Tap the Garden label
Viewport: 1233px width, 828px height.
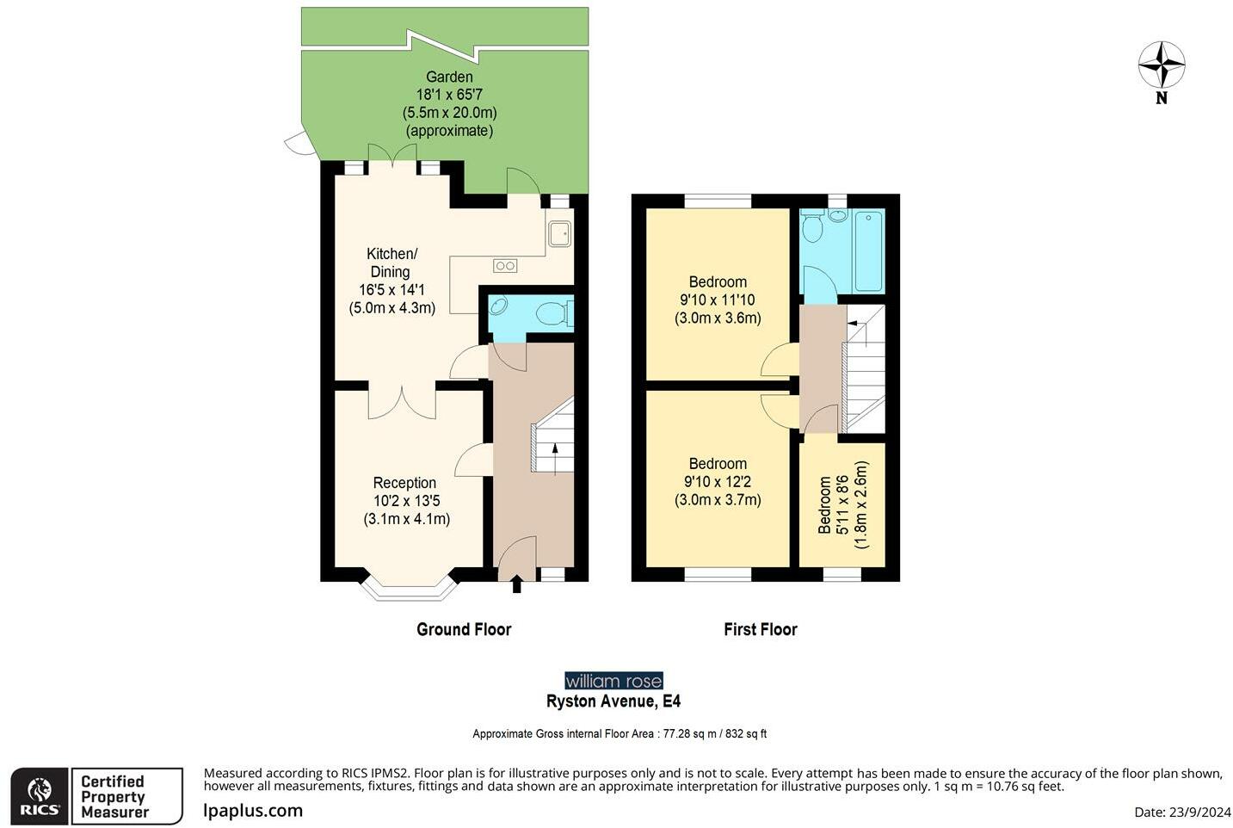(x=449, y=103)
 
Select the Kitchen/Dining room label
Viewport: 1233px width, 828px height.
(x=391, y=281)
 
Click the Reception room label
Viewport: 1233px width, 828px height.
(x=406, y=501)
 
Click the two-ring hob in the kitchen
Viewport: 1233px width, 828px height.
(x=505, y=267)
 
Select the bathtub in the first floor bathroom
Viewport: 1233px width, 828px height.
(x=868, y=250)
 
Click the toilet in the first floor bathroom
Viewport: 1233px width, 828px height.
(x=811, y=227)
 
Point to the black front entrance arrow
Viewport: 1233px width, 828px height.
(x=516, y=584)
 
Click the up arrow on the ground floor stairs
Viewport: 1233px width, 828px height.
(x=555, y=459)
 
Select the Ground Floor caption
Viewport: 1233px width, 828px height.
(x=464, y=629)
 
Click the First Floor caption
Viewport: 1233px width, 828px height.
(x=760, y=629)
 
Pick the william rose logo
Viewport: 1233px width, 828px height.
(x=613, y=681)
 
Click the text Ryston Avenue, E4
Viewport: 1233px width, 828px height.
(x=613, y=701)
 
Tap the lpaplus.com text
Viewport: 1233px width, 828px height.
(x=253, y=811)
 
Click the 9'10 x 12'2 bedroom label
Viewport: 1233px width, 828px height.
(x=718, y=482)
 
